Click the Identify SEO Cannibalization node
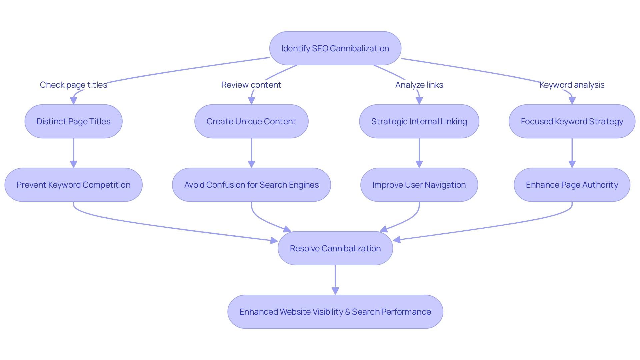pos(335,48)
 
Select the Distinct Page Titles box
pos(73,121)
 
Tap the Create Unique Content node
pos(251,121)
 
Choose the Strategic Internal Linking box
pos(419,121)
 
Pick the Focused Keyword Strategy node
pos(572,121)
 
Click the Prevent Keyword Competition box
pos(73,185)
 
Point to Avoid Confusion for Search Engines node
pos(251,185)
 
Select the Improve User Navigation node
pos(419,185)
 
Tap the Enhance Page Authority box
pos(572,185)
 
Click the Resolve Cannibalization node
pos(335,248)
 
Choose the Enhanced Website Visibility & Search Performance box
pos(335,312)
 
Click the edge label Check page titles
pos(73,85)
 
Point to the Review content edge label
pos(251,85)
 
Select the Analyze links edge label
pos(419,85)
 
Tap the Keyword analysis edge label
pos(572,85)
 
